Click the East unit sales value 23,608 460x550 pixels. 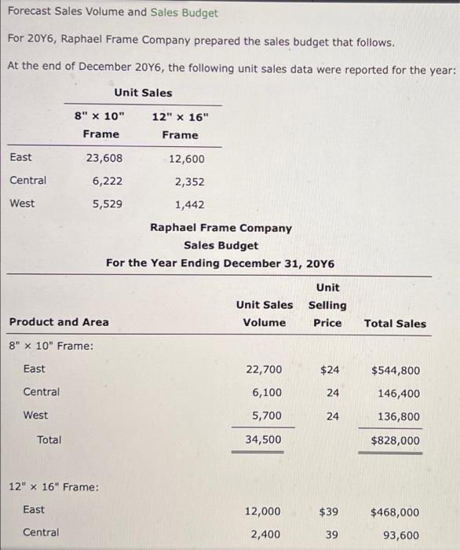tap(104, 157)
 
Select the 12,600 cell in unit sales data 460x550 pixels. tap(186, 159)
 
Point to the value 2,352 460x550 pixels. tap(189, 181)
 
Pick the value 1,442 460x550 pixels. tap(189, 204)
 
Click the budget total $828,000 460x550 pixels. tap(395, 441)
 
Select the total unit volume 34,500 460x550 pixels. tap(263, 440)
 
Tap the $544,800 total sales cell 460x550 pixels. tap(395, 370)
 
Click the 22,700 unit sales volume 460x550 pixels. tap(263, 369)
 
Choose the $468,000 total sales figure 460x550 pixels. tap(395, 512)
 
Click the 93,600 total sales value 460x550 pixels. tap(400, 534)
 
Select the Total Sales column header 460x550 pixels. tap(395, 323)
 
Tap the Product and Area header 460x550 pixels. tap(59, 322)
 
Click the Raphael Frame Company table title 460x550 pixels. tap(221, 229)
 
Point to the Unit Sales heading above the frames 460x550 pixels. tap(143, 93)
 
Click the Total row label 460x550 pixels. tap(49, 440)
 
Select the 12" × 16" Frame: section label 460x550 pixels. tap(53, 487)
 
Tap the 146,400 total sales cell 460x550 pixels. tap(398, 393)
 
